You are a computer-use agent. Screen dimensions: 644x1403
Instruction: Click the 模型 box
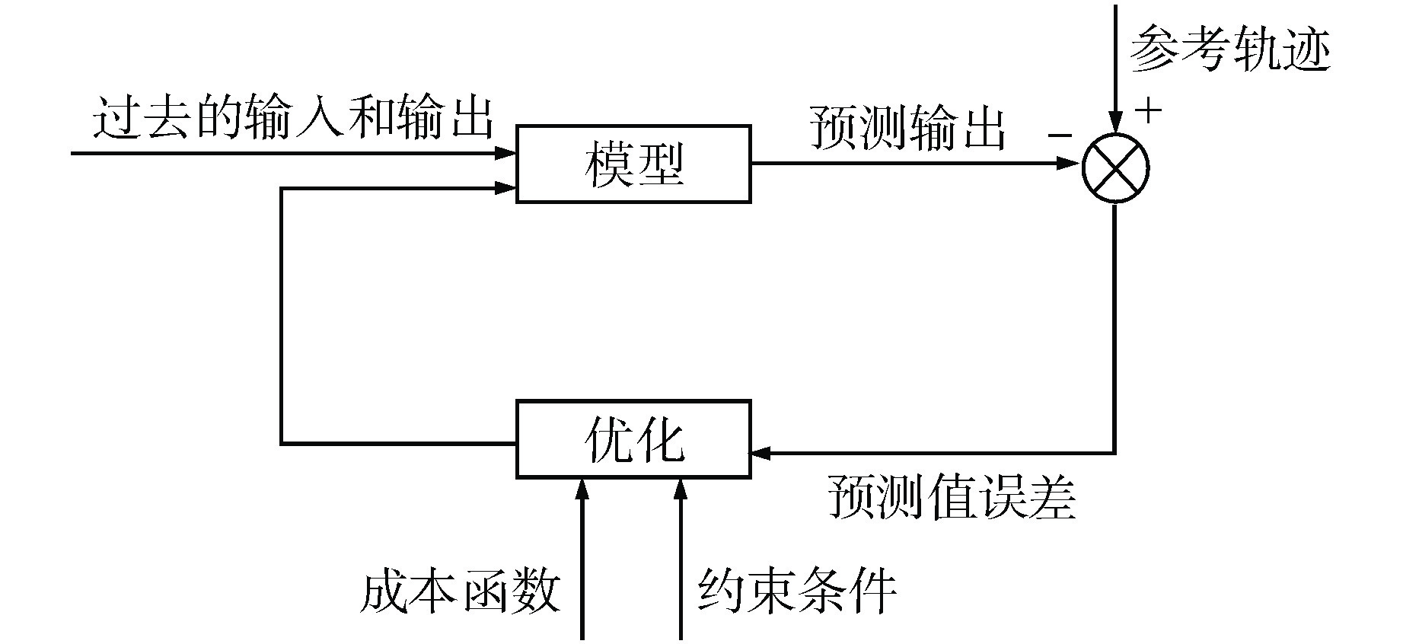coord(633,164)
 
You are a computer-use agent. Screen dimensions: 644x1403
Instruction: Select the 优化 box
coord(633,439)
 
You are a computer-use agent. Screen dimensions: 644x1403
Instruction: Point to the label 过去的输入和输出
coord(293,118)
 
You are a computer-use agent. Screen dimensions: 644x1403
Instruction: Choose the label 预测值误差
coord(952,498)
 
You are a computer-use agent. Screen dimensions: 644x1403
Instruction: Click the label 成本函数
coord(460,591)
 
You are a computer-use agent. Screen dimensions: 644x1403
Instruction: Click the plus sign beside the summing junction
coord(1149,111)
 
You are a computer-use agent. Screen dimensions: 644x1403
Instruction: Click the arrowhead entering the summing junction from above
coord(1115,122)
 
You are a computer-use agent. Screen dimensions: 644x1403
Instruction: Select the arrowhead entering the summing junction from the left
coord(1069,163)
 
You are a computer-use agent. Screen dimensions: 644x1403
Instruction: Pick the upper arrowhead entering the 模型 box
coord(506,153)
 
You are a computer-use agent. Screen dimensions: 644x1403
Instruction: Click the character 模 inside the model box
coord(608,164)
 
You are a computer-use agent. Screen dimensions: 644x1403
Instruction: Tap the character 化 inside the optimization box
coord(659,439)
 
